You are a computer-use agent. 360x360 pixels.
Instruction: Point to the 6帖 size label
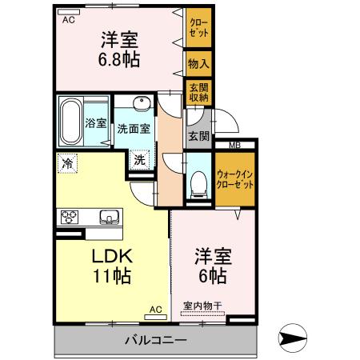coord(212,277)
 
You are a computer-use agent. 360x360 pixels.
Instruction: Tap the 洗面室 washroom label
coord(133,128)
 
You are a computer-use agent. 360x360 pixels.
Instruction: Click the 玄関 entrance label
coord(198,135)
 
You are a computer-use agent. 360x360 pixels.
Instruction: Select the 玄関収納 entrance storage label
coord(198,91)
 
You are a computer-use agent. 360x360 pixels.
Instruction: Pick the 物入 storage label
coord(198,62)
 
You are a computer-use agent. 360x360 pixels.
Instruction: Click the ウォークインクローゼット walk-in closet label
coord(235,178)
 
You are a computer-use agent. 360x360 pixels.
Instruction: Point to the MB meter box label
coord(234,145)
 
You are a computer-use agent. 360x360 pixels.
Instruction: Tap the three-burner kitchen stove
coord(67,216)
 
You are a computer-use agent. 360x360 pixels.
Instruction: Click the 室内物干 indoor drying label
coord(203,305)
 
